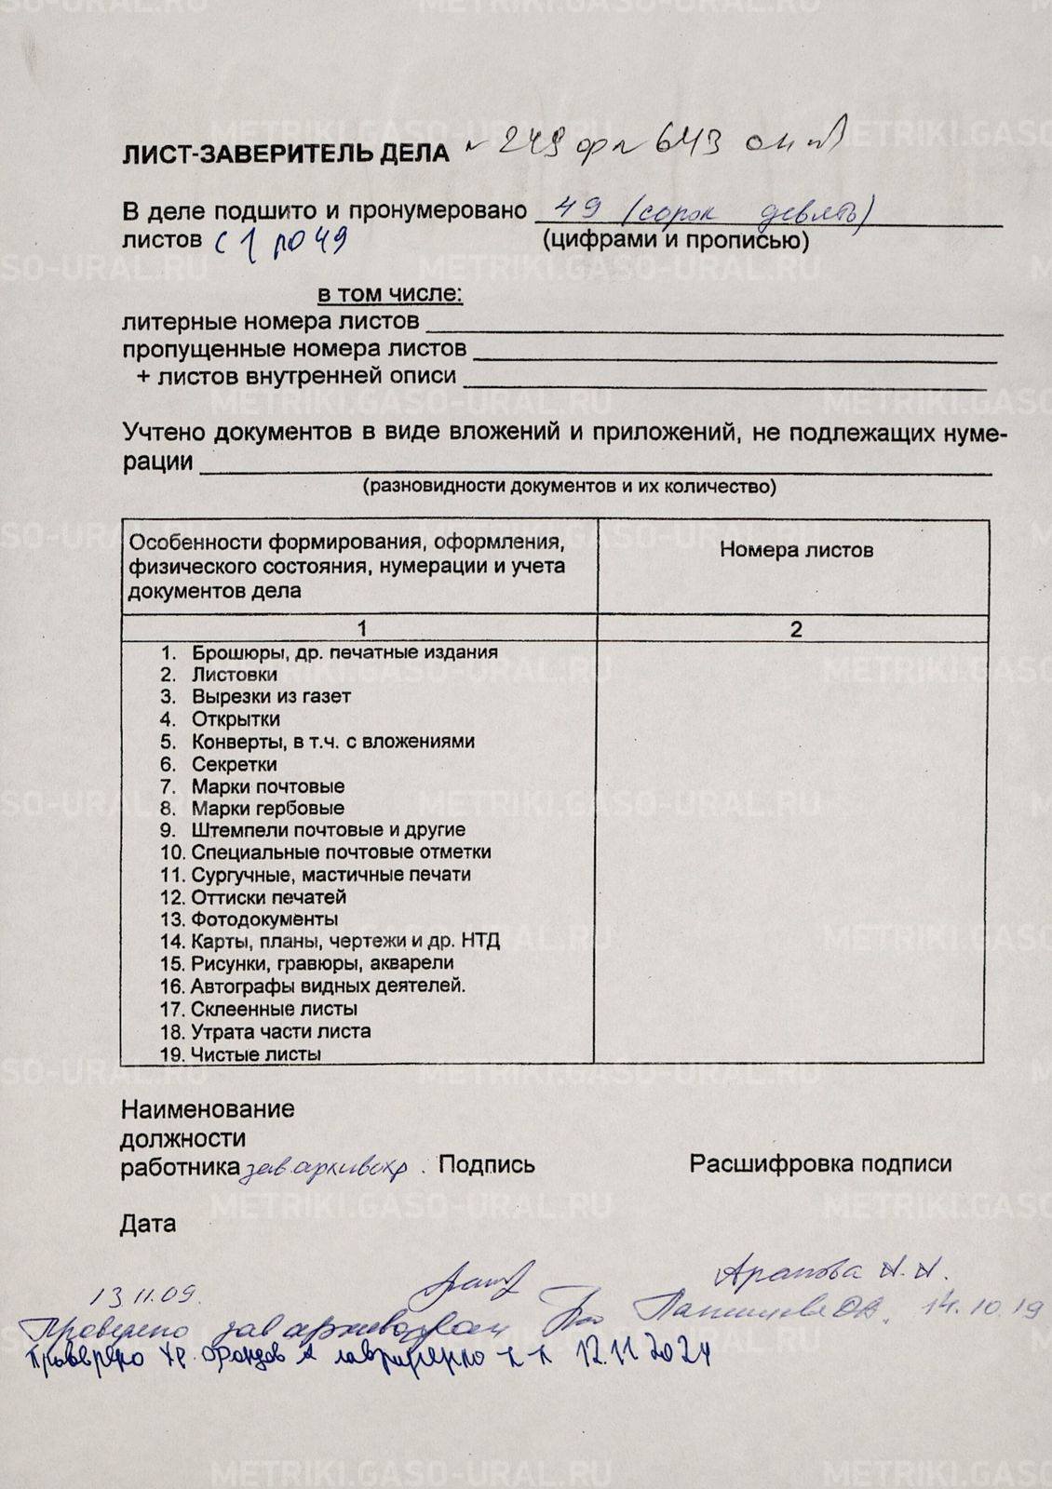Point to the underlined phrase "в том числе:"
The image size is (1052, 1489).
point(390,295)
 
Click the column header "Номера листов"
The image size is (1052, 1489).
point(796,550)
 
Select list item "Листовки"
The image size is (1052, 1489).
point(234,675)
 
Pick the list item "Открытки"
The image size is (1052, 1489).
point(236,719)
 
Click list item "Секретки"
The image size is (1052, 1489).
point(234,764)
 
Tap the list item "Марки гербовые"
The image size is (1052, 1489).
point(267,809)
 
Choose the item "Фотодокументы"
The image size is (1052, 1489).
point(264,919)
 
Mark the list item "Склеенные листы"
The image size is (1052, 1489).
point(274,1009)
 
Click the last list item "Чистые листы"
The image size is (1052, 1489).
point(255,1054)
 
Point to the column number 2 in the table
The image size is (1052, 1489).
point(796,629)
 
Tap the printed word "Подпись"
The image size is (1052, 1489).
point(486,1164)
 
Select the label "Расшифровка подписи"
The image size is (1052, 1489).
point(820,1163)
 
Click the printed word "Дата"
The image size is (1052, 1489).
point(147,1224)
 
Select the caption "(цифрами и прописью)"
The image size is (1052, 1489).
point(675,240)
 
